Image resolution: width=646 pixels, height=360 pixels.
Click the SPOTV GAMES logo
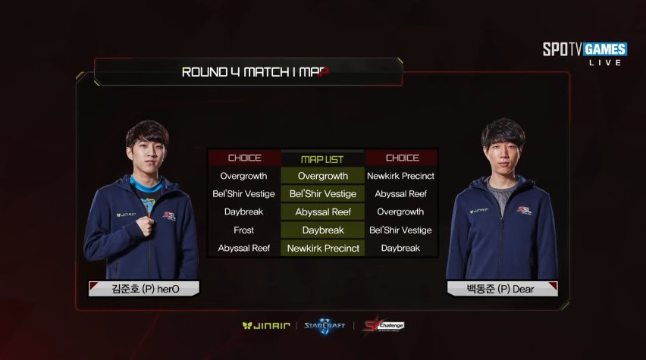coord(585,51)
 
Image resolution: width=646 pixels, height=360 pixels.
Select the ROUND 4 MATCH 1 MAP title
coord(255,73)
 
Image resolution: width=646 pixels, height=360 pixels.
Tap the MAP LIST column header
coord(322,159)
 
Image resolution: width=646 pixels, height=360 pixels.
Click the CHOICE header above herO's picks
coord(244,158)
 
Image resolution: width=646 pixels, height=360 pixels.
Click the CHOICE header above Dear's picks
coord(402,158)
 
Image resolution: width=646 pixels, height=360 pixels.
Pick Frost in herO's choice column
coord(244,230)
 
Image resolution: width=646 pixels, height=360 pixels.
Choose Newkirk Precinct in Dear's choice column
coord(400,176)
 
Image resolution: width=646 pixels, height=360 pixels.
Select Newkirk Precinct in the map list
coord(323,249)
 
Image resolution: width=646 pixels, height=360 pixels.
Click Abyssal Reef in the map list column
coord(323,212)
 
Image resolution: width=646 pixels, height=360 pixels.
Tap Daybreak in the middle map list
coord(323,230)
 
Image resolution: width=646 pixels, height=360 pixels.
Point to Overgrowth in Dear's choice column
coord(400,212)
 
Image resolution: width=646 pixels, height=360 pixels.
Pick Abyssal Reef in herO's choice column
coord(244,248)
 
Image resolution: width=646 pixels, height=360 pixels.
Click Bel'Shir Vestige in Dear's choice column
coord(400,230)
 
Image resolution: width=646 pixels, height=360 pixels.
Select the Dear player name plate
coord(501,288)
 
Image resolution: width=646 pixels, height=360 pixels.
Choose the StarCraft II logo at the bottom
coord(325,325)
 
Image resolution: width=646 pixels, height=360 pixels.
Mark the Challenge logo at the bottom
coord(384,325)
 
